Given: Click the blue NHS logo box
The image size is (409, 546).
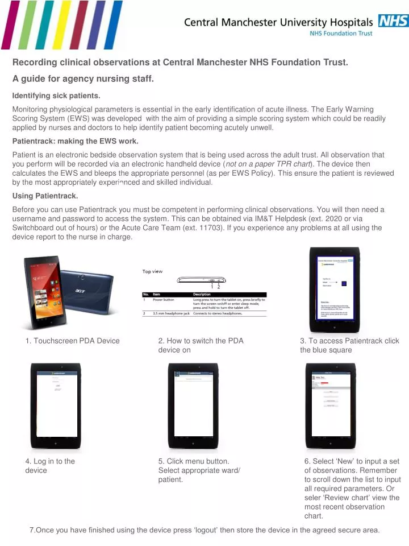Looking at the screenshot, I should (393, 21).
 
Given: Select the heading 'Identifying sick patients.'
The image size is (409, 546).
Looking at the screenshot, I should (56, 95).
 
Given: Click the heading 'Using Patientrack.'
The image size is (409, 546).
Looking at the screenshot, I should (45, 196).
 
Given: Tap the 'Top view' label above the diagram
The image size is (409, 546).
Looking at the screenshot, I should (152, 271).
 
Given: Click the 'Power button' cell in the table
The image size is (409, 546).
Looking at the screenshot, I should (164, 299).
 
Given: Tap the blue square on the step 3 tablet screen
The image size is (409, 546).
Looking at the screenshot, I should (344, 282).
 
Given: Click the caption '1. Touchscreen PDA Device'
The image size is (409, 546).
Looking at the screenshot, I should (72, 341).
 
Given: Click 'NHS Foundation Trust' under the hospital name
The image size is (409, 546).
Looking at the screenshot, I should (341, 34).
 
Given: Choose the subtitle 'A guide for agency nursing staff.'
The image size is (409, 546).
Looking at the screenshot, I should (83, 78).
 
